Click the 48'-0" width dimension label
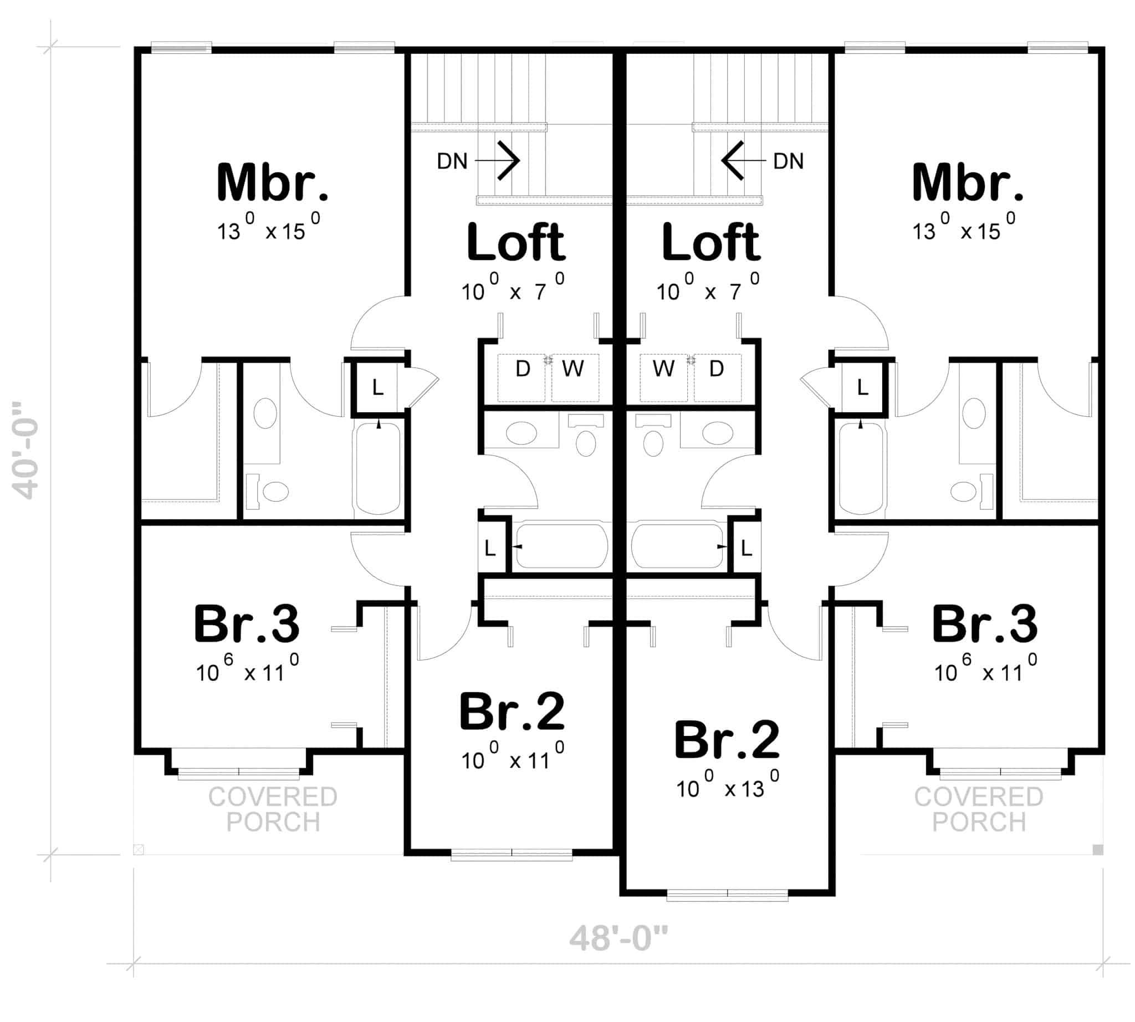(x=618, y=938)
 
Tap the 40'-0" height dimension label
(x=26, y=450)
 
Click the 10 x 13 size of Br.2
(x=727, y=788)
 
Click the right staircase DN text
(x=788, y=162)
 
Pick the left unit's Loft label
(x=515, y=243)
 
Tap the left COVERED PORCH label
(x=273, y=809)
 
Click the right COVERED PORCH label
(x=978, y=809)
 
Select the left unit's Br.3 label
(x=247, y=624)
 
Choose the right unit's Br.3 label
(x=984, y=624)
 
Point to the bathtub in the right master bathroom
(x=860, y=469)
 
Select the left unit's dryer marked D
(x=522, y=370)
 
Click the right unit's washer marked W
(x=663, y=370)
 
